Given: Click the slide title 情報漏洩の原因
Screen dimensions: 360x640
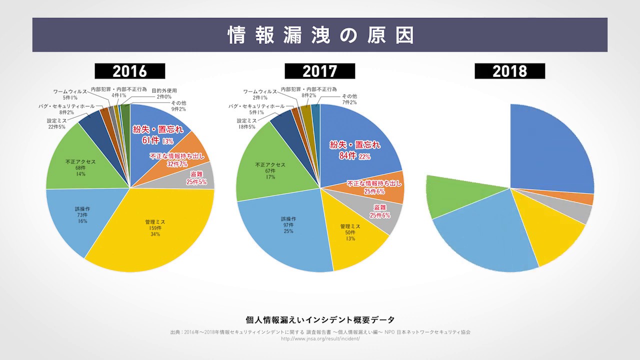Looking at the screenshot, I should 320,35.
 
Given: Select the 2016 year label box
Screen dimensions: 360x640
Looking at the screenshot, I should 130,71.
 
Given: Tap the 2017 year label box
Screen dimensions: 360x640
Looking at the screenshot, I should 320,71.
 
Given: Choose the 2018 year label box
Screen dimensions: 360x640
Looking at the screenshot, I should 509,71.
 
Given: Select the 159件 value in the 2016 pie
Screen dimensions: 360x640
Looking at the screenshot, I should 155,227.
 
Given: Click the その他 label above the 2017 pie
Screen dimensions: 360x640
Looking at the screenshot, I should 349,96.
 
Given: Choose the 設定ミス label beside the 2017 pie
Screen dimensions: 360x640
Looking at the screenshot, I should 247,121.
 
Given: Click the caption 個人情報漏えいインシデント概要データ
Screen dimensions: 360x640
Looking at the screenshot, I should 320,320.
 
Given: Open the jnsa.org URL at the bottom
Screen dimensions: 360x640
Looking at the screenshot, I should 320,338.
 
